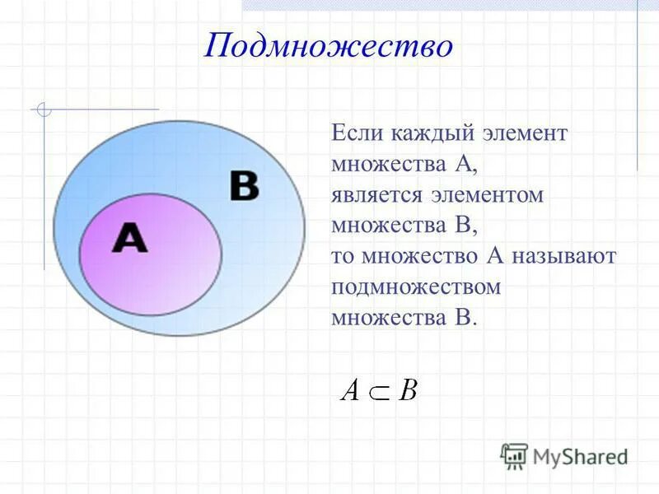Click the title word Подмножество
click(329, 46)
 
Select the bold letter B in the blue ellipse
click(244, 187)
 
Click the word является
click(376, 196)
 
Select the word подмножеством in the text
click(416, 287)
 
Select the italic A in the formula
click(350, 389)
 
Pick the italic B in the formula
click(408, 389)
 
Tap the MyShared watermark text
click(580, 456)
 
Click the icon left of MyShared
click(514, 455)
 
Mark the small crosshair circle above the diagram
click(44, 109)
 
